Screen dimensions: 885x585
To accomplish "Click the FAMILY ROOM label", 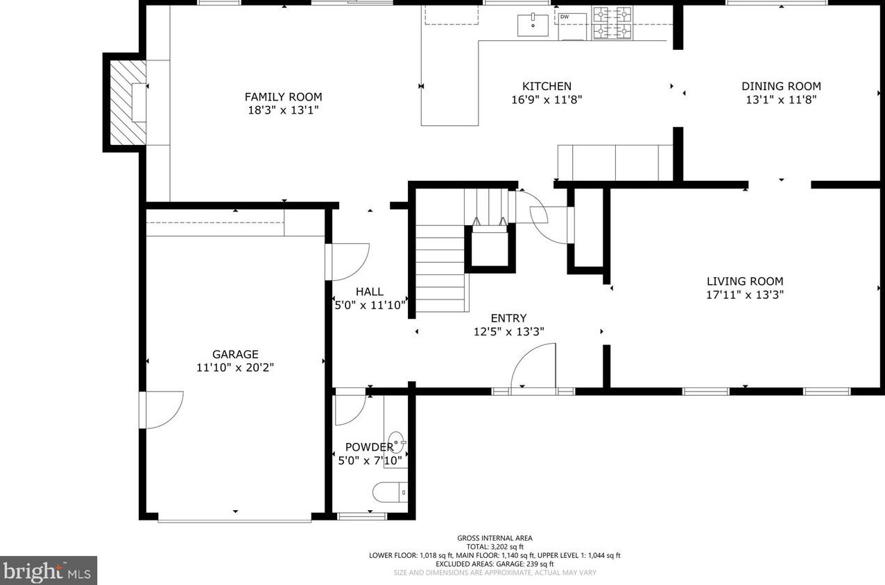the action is (x=283, y=97).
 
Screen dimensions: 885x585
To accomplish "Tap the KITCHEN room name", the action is (x=547, y=86).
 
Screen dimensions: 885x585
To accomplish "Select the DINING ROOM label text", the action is (x=781, y=86).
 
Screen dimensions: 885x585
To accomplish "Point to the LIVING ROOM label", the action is (x=745, y=281).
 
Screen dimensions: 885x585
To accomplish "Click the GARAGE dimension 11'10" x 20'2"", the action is (x=235, y=367).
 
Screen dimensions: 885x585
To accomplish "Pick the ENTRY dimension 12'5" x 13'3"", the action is (x=509, y=331).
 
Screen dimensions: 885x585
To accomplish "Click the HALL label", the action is (x=370, y=292).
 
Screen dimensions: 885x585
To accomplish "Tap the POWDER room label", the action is (x=370, y=447).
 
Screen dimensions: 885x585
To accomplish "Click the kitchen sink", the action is (x=533, y=25).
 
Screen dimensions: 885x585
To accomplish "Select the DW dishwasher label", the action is (x=564, y=17).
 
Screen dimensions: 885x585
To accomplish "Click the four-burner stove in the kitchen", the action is (x=612, y=23).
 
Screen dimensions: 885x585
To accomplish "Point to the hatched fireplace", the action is (x=128, y=103).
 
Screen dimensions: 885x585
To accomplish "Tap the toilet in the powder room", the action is (x=390, y=492).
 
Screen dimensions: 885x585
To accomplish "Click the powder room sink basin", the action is (x=396, y=442).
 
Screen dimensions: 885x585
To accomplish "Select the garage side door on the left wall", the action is (x=161, y=410).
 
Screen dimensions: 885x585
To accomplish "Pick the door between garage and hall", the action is (x=347, y=262).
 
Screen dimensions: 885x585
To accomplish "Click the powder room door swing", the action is (x=350, y=410).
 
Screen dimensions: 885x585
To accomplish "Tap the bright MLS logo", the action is (x=48, y=570).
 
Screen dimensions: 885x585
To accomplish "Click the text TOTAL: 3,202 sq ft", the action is (x=495, y=547).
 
